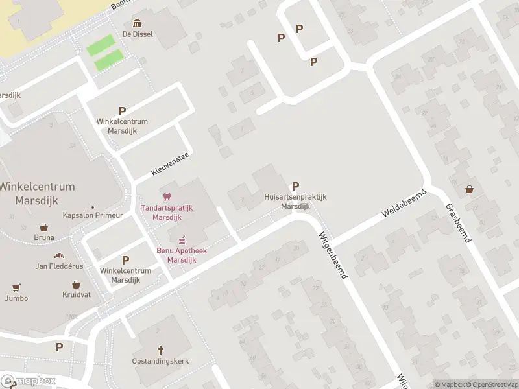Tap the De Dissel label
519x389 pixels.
pos(138,34)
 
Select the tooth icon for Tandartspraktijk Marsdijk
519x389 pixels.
pos(167,196)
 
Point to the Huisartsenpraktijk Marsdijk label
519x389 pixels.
pos(295,201)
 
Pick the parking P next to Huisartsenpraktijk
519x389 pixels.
pos(296,186)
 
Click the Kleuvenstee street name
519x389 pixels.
pos(169,163)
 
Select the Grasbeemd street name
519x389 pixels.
pos(457,223)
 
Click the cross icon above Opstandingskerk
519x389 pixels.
pos(160,350)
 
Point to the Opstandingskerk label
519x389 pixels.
pos(160,361)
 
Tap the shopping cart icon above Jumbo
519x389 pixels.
pos(16,287)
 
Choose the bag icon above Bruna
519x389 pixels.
pos(44,228)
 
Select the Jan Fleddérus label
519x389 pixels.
pos(60,266)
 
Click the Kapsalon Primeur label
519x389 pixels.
pos(93,215)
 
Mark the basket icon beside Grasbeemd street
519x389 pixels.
pos(469,190)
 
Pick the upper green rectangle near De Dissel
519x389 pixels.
pos(101,46)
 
